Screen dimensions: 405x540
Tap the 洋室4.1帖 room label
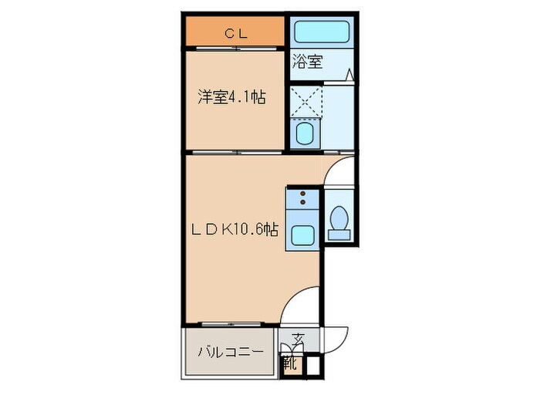(x=231, y=98)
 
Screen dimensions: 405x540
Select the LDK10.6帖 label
(x=235, y=229)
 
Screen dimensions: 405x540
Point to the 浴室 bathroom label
(x=306, y=62)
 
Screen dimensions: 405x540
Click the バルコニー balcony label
(x=229, y=352)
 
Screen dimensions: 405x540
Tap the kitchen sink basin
(x=302, y=236)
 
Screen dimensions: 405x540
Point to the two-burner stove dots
(x=302, y=199)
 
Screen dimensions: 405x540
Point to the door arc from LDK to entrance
(x=299, y=305)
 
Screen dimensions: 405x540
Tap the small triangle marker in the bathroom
(x=349, y=75)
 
